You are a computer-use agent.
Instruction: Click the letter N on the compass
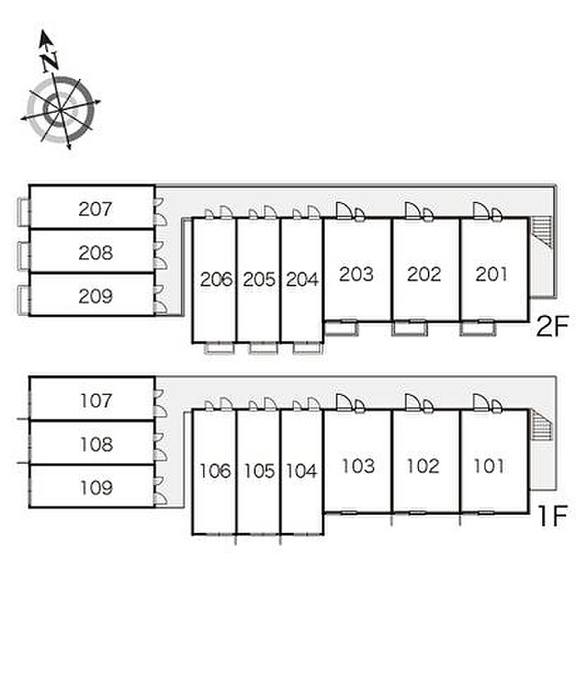[x=51, y=62]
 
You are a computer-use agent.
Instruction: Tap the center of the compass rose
[x=61, y=110]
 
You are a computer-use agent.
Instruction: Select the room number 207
[x=95, y=209]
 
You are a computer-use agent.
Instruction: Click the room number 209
[x=95, y=296]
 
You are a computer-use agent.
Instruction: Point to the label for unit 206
[x=216, y=280]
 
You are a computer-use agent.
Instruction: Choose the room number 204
[x=302, y=280]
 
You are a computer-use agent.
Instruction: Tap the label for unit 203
[x=356, y=274]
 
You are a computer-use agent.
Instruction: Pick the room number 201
[x=491, y=274]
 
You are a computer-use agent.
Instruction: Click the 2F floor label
[x=552, y=326]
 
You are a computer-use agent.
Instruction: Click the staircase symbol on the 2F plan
[x=541, y=232]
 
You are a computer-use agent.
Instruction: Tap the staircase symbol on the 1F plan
[x=541, y=424]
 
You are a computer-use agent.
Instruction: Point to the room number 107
[x=95, y=401]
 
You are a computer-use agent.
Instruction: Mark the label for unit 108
[x=96, y=444]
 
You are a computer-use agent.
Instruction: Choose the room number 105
[x=259, y=471]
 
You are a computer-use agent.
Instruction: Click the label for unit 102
[x=423, y=466]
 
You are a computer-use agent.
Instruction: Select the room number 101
[x=489, y=466]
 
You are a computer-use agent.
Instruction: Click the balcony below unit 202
[x=411, y=328]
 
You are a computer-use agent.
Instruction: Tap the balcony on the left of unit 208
[x=23, y=256]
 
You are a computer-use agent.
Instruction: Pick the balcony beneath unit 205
[x=263, y=348]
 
